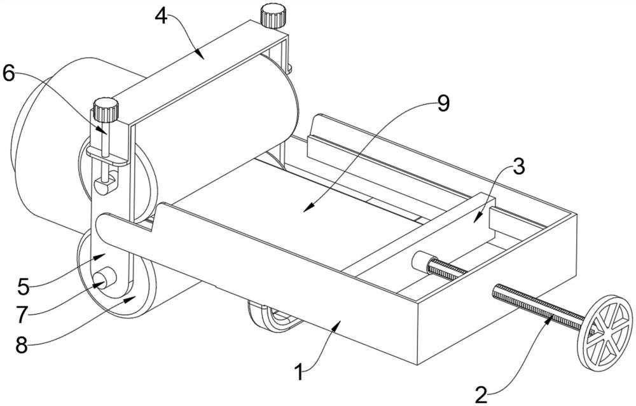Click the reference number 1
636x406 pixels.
(299, 371)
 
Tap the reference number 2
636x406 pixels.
(481, 394)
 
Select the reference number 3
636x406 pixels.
(518, 166)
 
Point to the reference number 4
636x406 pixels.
(161, 15)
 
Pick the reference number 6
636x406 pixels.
(10, 73)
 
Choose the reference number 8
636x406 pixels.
(22, 345)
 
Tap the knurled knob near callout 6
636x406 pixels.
(106, 109)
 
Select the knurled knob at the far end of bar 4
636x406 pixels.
(273, 15)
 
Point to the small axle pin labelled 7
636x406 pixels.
(104, 278)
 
